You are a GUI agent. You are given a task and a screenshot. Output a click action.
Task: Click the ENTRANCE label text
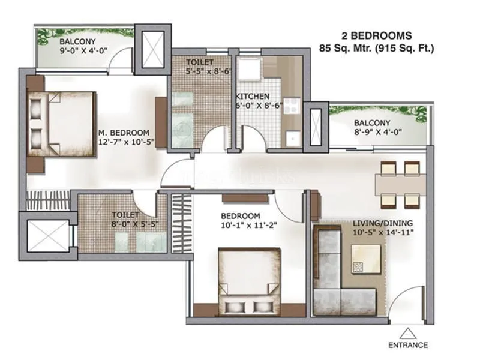coord(407,345)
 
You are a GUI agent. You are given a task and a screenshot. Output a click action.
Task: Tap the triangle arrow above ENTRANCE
coord(408,332)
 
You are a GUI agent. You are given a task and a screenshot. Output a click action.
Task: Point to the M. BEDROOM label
coord(124,133)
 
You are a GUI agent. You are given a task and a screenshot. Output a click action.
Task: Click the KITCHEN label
coord(252,97)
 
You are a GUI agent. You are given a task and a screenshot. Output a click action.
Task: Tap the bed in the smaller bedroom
coord(249,281)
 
